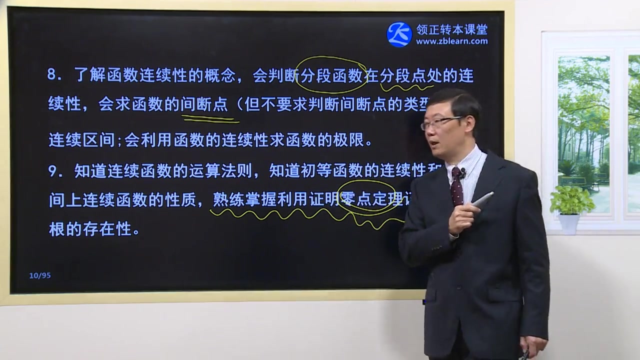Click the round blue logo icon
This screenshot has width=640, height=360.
[399, 34]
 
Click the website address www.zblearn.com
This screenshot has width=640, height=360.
[452, 41]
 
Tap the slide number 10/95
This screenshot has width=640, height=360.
[40, 275]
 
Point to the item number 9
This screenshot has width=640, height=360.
[52, 171]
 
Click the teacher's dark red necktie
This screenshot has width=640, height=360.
[456, 187]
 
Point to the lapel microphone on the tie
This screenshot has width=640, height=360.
[463, 173]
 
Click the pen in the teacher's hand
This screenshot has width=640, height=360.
[483, 198]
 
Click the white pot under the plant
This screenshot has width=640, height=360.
[569, 223]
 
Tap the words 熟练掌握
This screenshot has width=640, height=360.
[237, 200]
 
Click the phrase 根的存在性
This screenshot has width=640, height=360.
[90, 229]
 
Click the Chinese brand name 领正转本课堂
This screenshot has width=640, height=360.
[452, 29]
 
